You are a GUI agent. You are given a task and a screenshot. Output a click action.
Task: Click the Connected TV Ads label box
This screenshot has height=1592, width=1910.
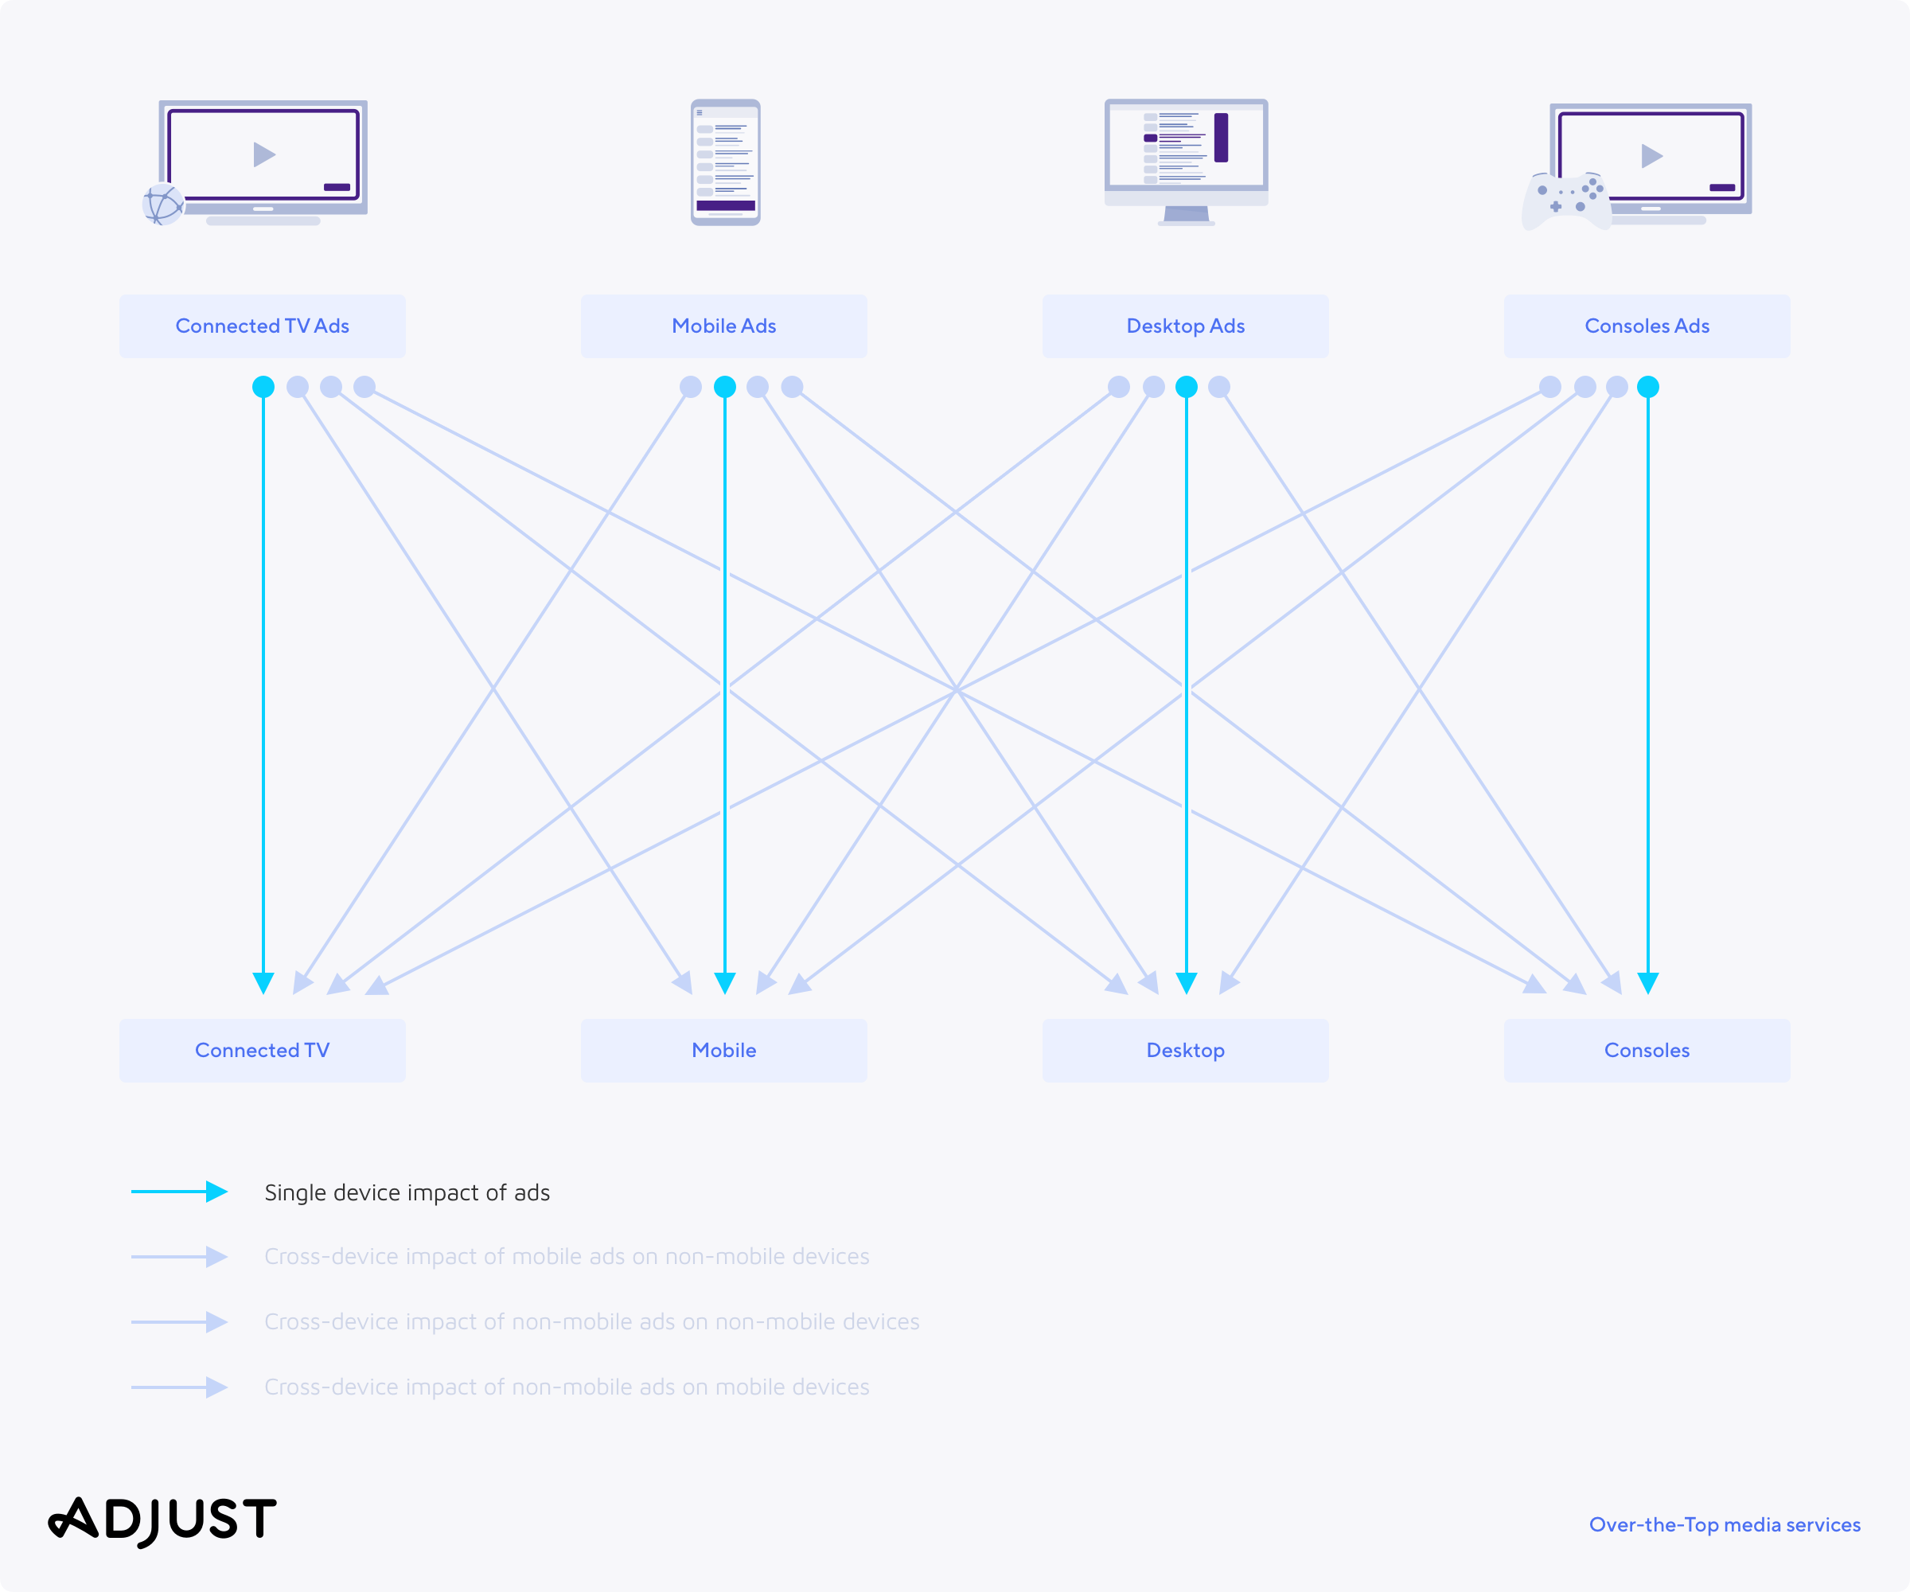pyautogui.click(x=262, y=326)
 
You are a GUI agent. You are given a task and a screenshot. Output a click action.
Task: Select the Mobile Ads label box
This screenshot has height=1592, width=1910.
pyautogui.click(x=724, y=326)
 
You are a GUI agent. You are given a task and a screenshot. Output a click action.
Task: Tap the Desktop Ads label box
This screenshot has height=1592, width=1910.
pyautogui.click(x=1185, y=326)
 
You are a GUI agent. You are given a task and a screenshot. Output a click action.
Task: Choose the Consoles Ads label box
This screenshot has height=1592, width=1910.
pyautogui.click(x=1647, y=326)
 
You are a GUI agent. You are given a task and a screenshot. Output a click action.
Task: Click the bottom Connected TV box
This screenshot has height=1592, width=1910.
pyautogui.click(x=262, y=1050)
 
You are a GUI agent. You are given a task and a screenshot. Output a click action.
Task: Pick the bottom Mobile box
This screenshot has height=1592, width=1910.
pyautogui.click(x=724, y=1050)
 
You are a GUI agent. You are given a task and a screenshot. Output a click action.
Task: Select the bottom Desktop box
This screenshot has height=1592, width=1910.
pyautogui.click(x=1185, y=1050)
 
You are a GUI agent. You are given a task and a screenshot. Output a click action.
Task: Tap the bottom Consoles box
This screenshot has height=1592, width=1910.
pyautogui.click(x=1647, y=1050)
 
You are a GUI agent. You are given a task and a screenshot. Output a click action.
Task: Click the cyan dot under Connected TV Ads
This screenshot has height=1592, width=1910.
pyautogui.click(x=263, y=387)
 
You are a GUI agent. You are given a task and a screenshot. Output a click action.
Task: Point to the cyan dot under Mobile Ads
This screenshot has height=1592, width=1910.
pyautogui.click(x=725, y=387)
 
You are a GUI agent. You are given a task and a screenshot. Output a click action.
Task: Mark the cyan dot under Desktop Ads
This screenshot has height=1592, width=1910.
pyautogui.click(x=1186, y=387)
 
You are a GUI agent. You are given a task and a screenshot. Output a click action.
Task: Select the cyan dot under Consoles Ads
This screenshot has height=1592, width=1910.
pyautogui.click(x=1648, y=387)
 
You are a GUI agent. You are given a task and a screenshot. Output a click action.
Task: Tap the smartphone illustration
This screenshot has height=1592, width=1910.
pyautogui.click(x=725, y=162)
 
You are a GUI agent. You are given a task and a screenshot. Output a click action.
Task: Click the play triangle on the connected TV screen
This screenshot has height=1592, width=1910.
pyautogui.click(x=263, y=154)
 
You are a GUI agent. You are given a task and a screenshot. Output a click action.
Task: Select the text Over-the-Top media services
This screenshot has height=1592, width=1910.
pyautogui.click(x=1725, y=1524)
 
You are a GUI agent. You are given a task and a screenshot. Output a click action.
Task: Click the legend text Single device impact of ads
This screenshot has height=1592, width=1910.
pyautogui.click(x=407, y=1192)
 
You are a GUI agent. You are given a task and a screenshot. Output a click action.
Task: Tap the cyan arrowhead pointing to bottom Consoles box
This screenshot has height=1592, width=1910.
pyautogui.click(x=1648, y=982)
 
